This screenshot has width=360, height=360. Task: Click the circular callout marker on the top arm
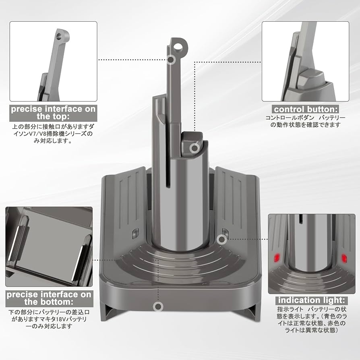(172, 60)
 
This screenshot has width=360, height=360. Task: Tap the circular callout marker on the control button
(194, 148)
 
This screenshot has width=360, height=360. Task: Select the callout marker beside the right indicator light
(221, 240)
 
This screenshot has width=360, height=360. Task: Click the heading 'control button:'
(306, 109)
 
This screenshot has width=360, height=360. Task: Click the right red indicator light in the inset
(344, 256)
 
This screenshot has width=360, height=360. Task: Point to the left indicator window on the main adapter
(135, 233)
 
